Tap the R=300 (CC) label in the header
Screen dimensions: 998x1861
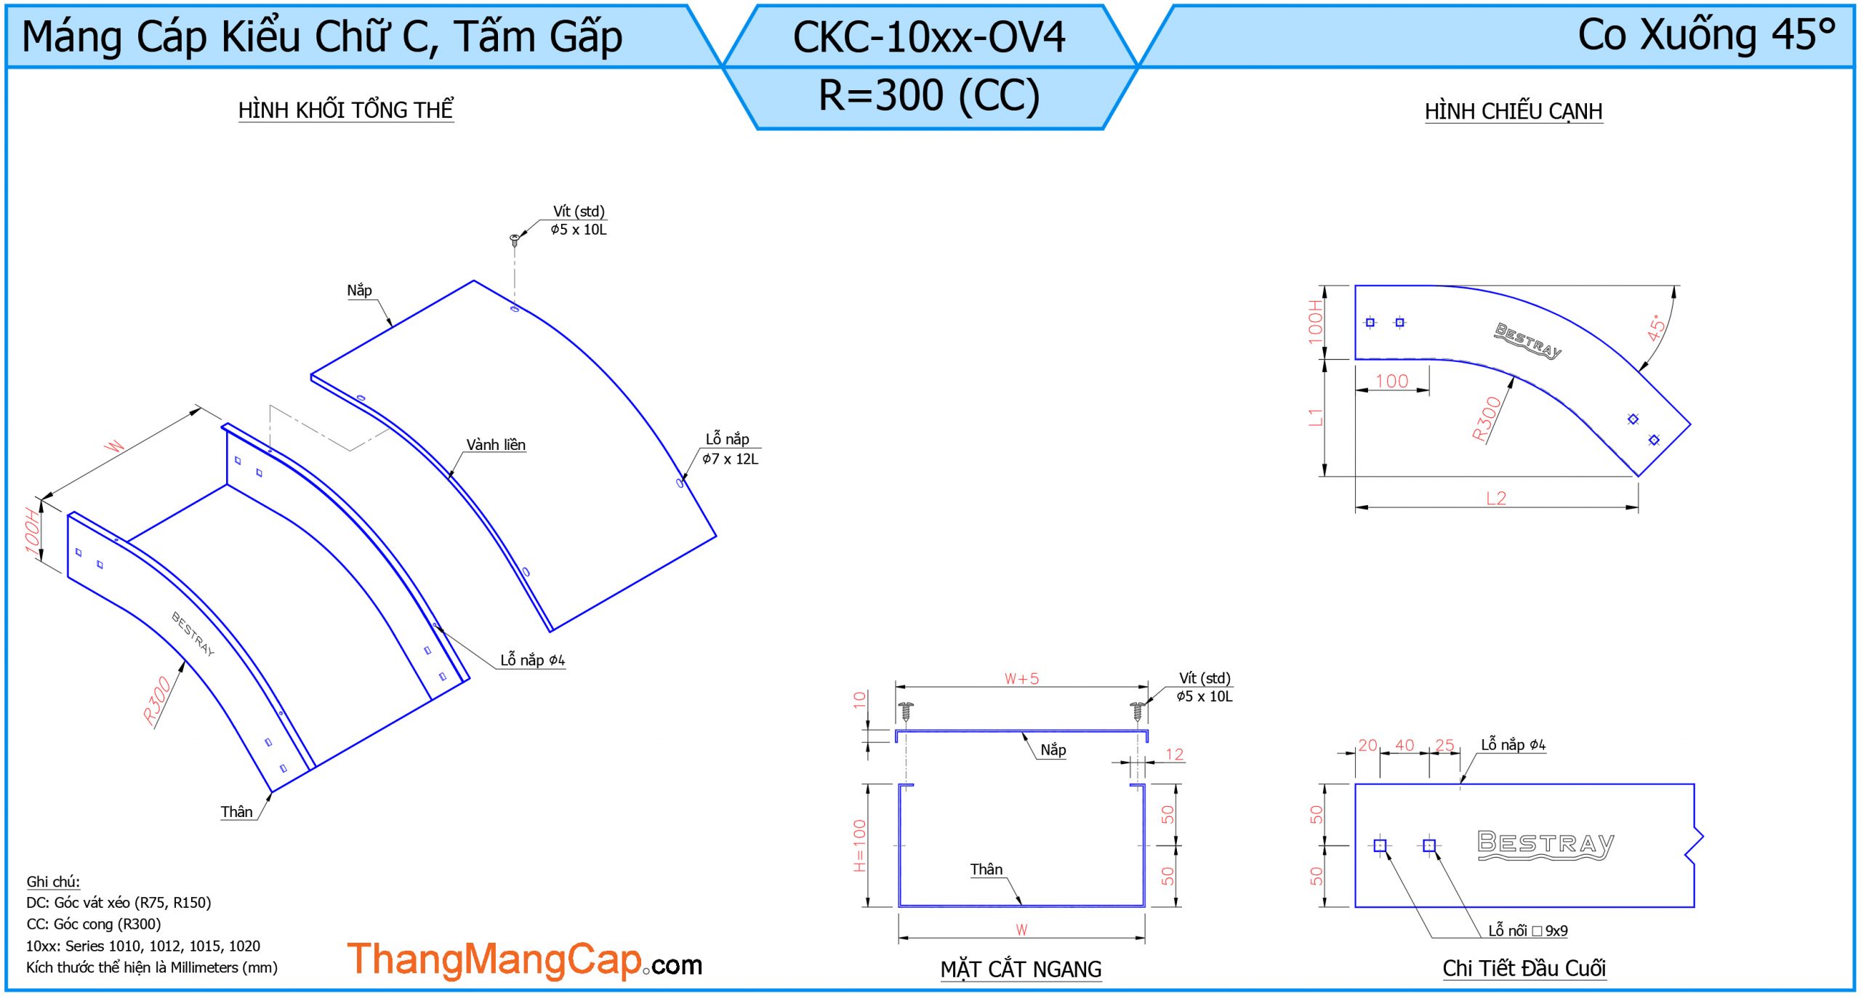pos(928,96)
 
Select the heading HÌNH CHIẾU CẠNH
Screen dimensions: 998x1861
pos(1513,111)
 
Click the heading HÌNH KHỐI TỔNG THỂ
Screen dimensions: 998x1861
pos(345,110)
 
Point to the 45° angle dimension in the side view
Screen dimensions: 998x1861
pos(1655,328)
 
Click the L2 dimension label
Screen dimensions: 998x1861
pos(1495,498)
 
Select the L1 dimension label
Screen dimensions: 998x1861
pos(1315,417)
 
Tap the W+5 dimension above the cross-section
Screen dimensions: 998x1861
pos(1021,678)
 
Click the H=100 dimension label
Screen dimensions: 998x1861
pos(860,845)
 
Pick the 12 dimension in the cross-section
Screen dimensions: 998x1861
pos(1174,754)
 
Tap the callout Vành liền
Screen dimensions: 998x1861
pos(496,445)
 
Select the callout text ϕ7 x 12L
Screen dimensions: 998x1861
pos(730,459)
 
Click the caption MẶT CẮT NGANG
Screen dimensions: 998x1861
pos(1021,969)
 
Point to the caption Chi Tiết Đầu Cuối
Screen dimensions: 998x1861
pos(1524,968)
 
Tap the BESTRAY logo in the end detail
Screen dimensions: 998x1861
pos(1546,845)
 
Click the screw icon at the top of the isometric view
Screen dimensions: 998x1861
pos(515,238)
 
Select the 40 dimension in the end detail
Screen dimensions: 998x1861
pos(1404,745)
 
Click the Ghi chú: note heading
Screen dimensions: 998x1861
pos(53,882)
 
